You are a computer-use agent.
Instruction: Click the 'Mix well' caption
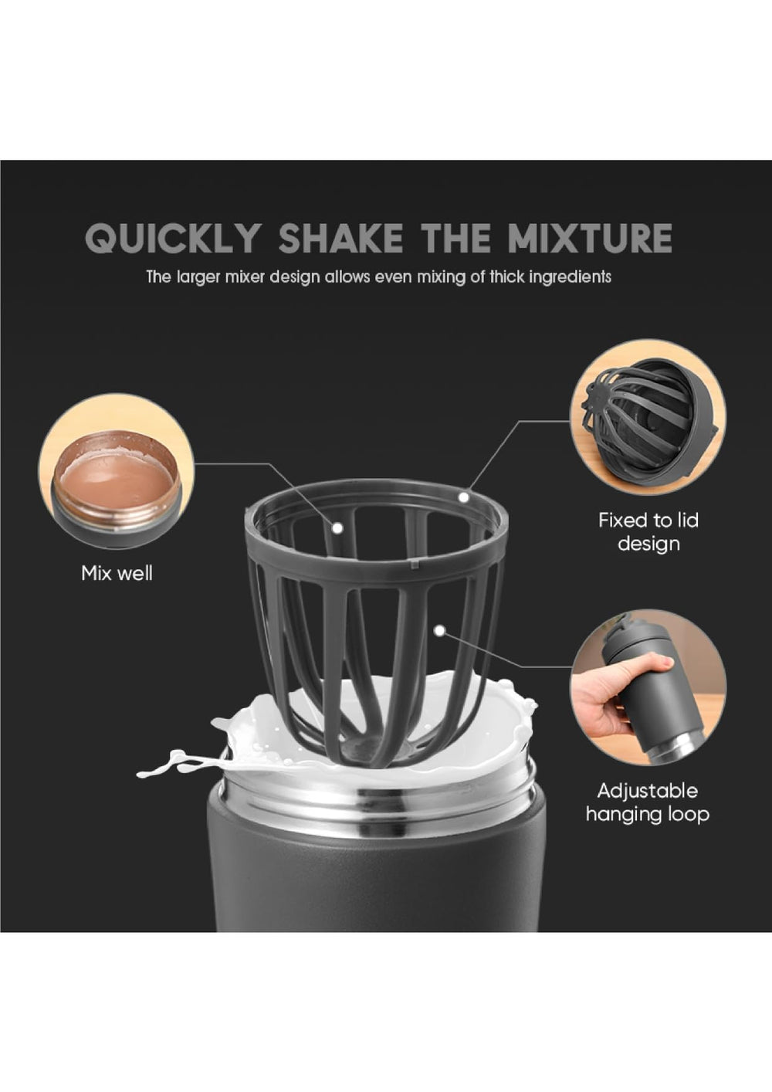[117, 573]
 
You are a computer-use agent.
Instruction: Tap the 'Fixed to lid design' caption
[648, 531]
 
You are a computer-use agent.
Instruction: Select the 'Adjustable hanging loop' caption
[647, 802]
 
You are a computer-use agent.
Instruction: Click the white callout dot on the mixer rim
[463, 497]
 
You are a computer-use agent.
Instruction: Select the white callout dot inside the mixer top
[337, 528]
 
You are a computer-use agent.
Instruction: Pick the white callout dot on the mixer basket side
[439, 631]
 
